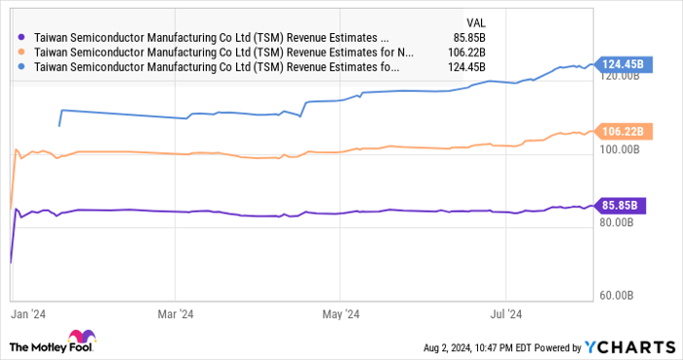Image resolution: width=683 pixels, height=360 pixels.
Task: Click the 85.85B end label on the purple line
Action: point(619,205)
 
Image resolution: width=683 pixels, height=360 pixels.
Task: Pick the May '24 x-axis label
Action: point(340,314)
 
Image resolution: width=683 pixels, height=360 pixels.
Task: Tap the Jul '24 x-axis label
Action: point(505,314)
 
